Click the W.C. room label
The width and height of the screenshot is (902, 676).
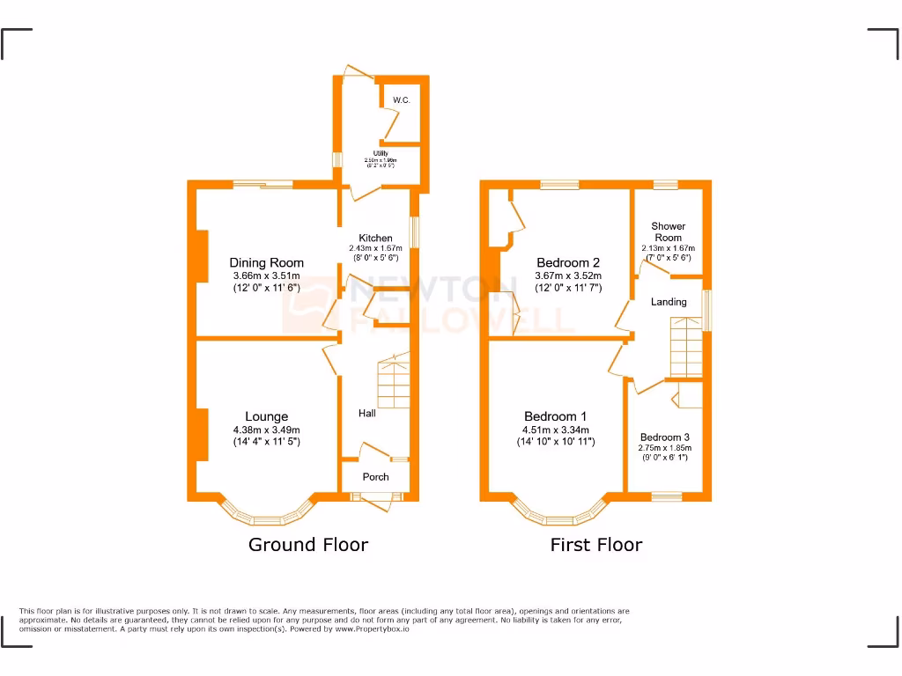tap(402, 100)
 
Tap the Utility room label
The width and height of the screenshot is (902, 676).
tap(381, 153)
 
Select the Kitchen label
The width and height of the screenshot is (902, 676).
tap(375, 239)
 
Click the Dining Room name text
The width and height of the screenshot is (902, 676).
tap(266, 262)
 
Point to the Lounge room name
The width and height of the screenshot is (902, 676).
tap(266, 416)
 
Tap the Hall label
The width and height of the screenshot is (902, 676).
tap(367, 413)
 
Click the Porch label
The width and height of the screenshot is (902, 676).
tap(376, 477)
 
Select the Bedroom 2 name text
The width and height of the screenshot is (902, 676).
tap(568, 262)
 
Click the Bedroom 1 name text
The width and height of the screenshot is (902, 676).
tap(555, 416)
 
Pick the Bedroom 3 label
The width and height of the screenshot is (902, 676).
tap(665, 437)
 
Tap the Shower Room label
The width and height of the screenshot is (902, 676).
tap(668, 232)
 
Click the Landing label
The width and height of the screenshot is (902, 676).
tap(669, 302)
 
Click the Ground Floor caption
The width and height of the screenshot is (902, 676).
tap(307, 545)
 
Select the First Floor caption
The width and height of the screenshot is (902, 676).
tap(595, 545)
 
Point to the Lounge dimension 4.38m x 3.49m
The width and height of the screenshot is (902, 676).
tap(266, 430)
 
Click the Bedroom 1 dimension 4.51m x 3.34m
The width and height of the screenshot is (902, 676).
tap(555, 430)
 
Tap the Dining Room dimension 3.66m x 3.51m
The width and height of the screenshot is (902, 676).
tap(266, 276)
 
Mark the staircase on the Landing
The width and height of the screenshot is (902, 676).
tap(688, 347)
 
